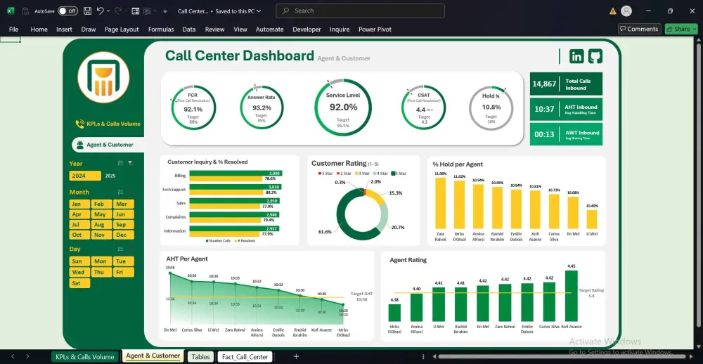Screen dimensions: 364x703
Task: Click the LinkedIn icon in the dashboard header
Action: click(x=577, y=56)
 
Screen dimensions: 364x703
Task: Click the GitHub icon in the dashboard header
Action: click(x=595, y=56)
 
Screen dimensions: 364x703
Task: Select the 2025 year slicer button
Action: click(x=110, y=176)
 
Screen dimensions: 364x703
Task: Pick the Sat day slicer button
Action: click(x=77, y=283)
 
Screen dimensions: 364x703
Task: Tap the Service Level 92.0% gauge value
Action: click(x=343, y=107)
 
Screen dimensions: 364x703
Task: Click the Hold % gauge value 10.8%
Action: click(x=491, y=108)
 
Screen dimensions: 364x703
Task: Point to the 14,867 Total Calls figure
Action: click(x=544, y=84)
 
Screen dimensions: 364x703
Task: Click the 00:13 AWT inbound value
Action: click(x=544, y=134)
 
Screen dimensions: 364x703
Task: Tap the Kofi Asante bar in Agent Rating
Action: click(x=571, y=296)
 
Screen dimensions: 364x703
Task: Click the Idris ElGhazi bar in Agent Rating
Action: click(x=394, y=313)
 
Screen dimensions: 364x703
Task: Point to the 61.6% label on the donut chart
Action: click(x=325, y=231)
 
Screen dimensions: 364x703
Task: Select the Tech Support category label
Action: click(x=174, y=190)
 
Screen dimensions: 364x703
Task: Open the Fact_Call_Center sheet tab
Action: click(x=245, y=357)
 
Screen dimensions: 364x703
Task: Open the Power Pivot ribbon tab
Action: click(x=376, y=30)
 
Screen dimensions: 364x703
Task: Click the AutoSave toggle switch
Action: click(x=67, y=11)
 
